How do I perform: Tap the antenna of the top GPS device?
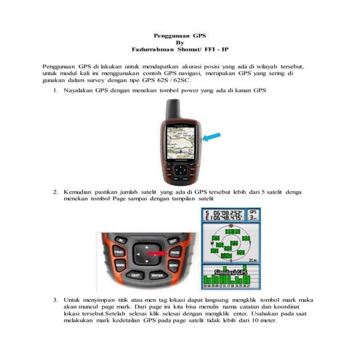click(x=172, y=109)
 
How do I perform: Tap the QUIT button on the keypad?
click(x=135, y=276)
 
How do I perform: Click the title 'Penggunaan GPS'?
click(x=180, y=35)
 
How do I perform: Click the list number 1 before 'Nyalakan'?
click(x=56, y=90)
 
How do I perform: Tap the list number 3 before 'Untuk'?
click(x=56, y=299)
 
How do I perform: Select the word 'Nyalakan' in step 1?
click(x=79, y=90)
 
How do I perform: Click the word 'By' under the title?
click(x=180, y=42)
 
